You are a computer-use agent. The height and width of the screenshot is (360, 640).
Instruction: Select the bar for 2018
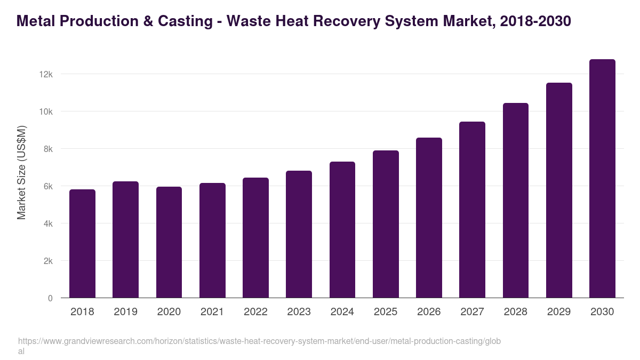(x=82, y=244)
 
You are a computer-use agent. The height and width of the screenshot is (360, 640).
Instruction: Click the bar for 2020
(x=169, y=242)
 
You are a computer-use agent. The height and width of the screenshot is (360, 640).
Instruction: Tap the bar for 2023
(x=299, y=234)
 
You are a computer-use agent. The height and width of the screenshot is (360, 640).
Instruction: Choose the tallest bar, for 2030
(x=602, y=179)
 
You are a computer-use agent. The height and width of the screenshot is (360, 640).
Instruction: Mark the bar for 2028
(x=516, y=201)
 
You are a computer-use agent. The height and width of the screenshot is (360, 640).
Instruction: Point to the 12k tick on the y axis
(x=46, y=74)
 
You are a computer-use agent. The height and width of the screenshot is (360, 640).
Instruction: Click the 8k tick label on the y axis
(x=48, y=149)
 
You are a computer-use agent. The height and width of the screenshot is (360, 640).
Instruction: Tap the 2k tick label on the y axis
(x=48, y=261)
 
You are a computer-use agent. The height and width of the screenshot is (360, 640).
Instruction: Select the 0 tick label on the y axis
(x=50, y=298)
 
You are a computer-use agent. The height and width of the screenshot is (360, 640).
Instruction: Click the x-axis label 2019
(x=125, y=311)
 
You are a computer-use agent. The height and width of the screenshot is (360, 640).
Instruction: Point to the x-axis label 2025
(x=386, y=311)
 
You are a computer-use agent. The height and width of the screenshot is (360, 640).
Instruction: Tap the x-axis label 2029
(x=559, y=311)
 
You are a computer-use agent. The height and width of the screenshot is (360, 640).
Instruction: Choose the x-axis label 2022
(x=255, y=311)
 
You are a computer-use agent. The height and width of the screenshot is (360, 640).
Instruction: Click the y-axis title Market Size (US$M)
(x=21, y=172)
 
